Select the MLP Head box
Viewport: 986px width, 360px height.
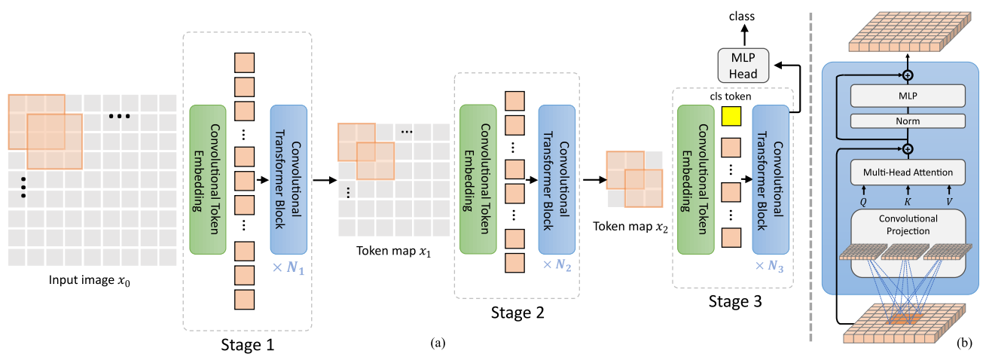(743, 66)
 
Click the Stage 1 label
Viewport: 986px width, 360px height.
(247, 346)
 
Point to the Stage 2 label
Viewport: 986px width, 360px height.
(517, 312)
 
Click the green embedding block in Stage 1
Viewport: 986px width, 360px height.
(208, 180)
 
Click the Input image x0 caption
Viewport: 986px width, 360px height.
(91, 282)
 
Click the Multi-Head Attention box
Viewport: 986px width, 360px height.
(908, 173)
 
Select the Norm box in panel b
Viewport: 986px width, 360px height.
(908, 121)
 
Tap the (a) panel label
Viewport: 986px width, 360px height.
(438, 343)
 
